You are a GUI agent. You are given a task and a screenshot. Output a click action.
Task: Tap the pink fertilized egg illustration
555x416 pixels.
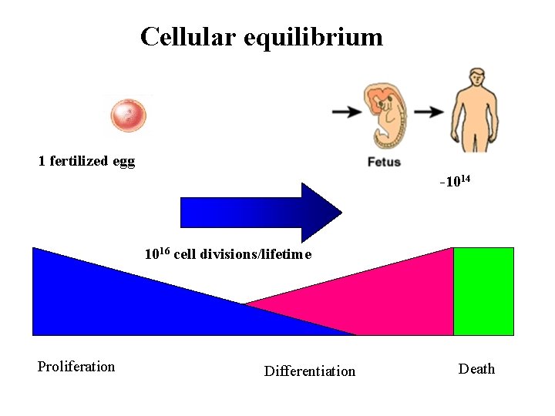tap(127, 116)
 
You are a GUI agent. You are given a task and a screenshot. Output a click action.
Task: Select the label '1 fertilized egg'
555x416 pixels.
tap(86, 161)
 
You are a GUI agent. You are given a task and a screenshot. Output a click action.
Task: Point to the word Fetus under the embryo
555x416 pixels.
tap(384, 163)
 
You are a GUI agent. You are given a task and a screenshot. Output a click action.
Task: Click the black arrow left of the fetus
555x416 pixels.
tap(348, 112)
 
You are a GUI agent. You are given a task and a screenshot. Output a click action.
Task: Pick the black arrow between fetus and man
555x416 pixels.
tap(429, 112)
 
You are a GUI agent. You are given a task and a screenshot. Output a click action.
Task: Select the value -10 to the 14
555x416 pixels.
tap(455, 183)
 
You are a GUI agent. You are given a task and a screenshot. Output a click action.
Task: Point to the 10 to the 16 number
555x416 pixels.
tap(157, 253)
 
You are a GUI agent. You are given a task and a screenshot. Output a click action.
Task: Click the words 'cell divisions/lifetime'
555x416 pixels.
tap(243, 255)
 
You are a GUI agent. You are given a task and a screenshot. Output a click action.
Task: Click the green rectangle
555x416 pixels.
tap(483, 291)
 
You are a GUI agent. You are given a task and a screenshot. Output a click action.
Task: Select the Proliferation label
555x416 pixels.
tap(76, 367)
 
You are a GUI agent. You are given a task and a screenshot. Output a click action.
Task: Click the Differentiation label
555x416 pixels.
tap(310, 371)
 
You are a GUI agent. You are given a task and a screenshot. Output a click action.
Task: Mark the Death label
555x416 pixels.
tap(476, 369)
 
